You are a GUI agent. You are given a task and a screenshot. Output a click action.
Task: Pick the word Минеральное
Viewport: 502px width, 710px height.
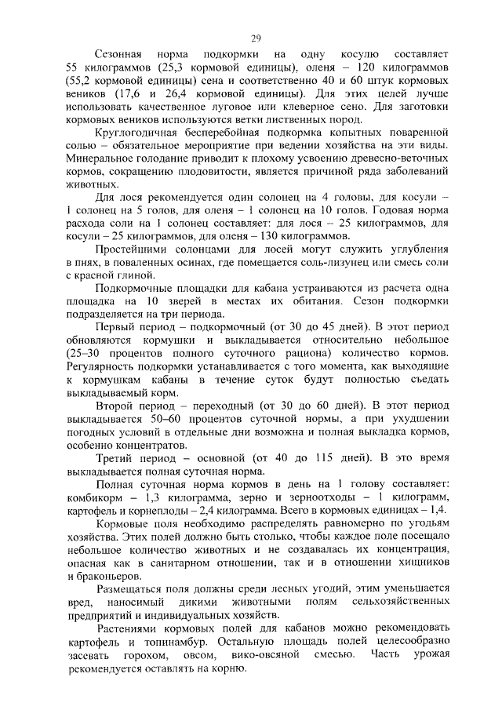(x=100, y=158)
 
